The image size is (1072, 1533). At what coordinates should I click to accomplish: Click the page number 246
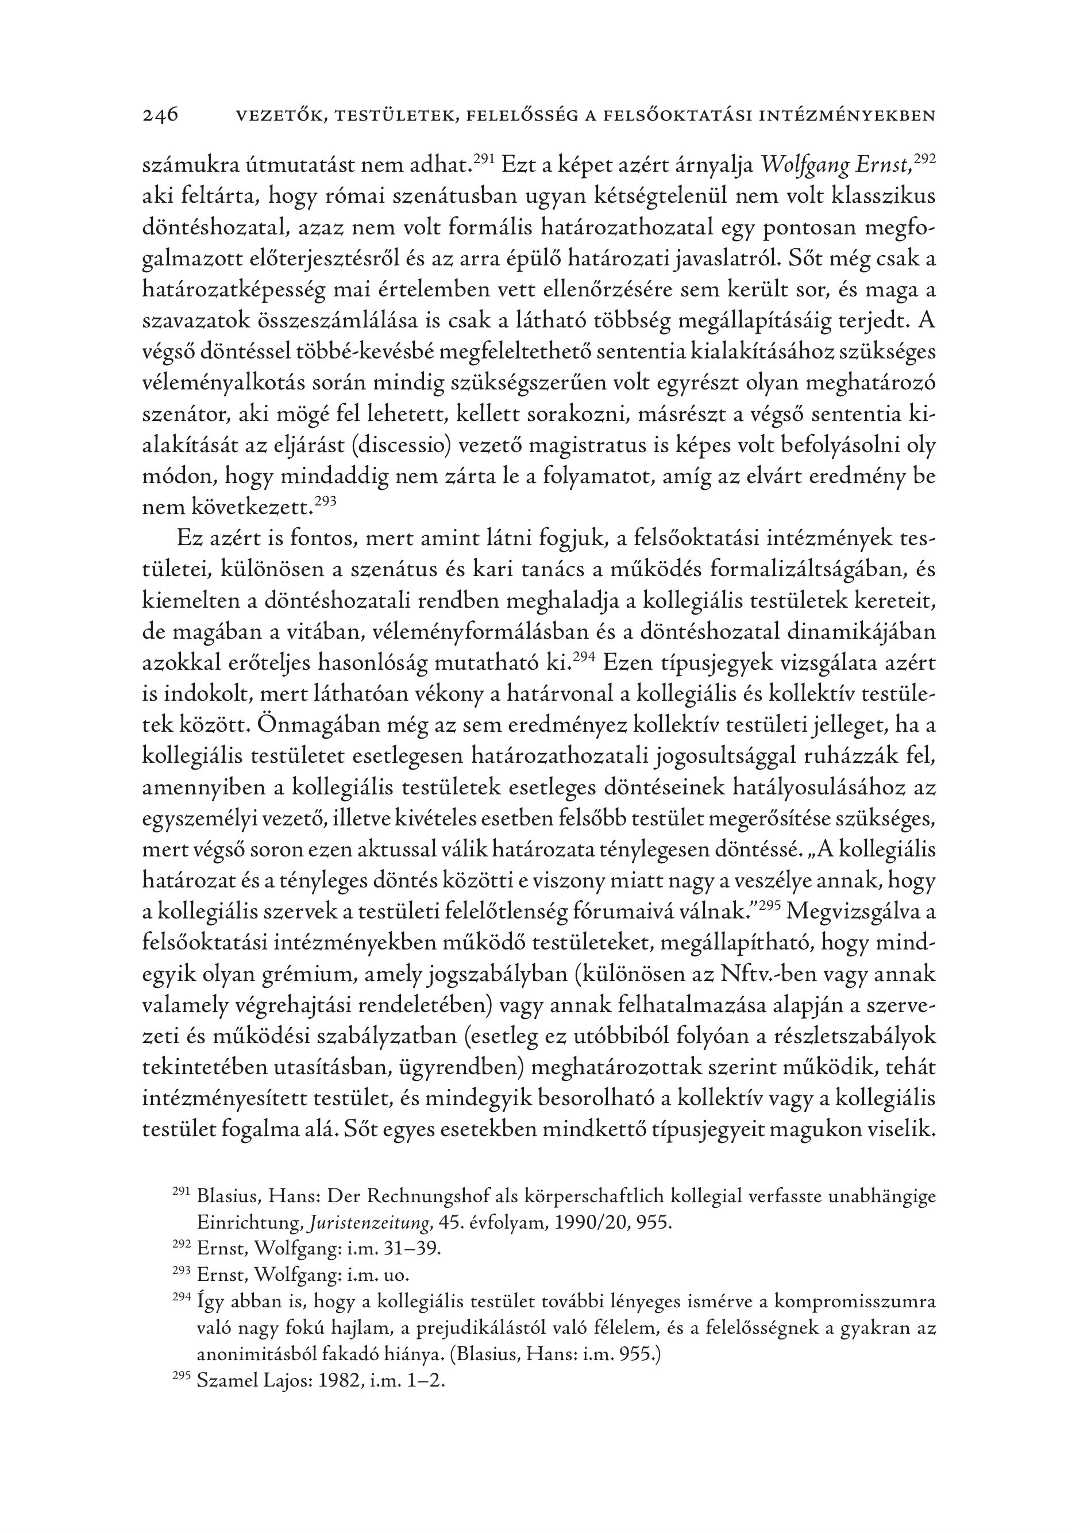[x=160, y=115]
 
